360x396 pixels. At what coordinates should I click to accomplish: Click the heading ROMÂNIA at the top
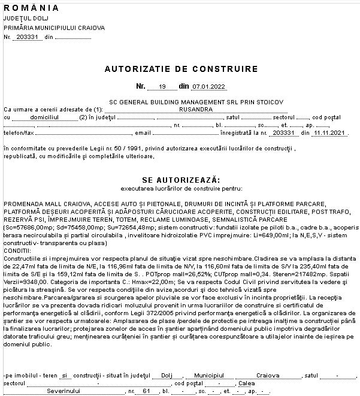click(31, 8)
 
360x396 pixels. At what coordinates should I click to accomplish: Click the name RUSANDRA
click(196, 110)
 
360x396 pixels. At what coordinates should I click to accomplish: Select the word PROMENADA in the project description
click(22, 204)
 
